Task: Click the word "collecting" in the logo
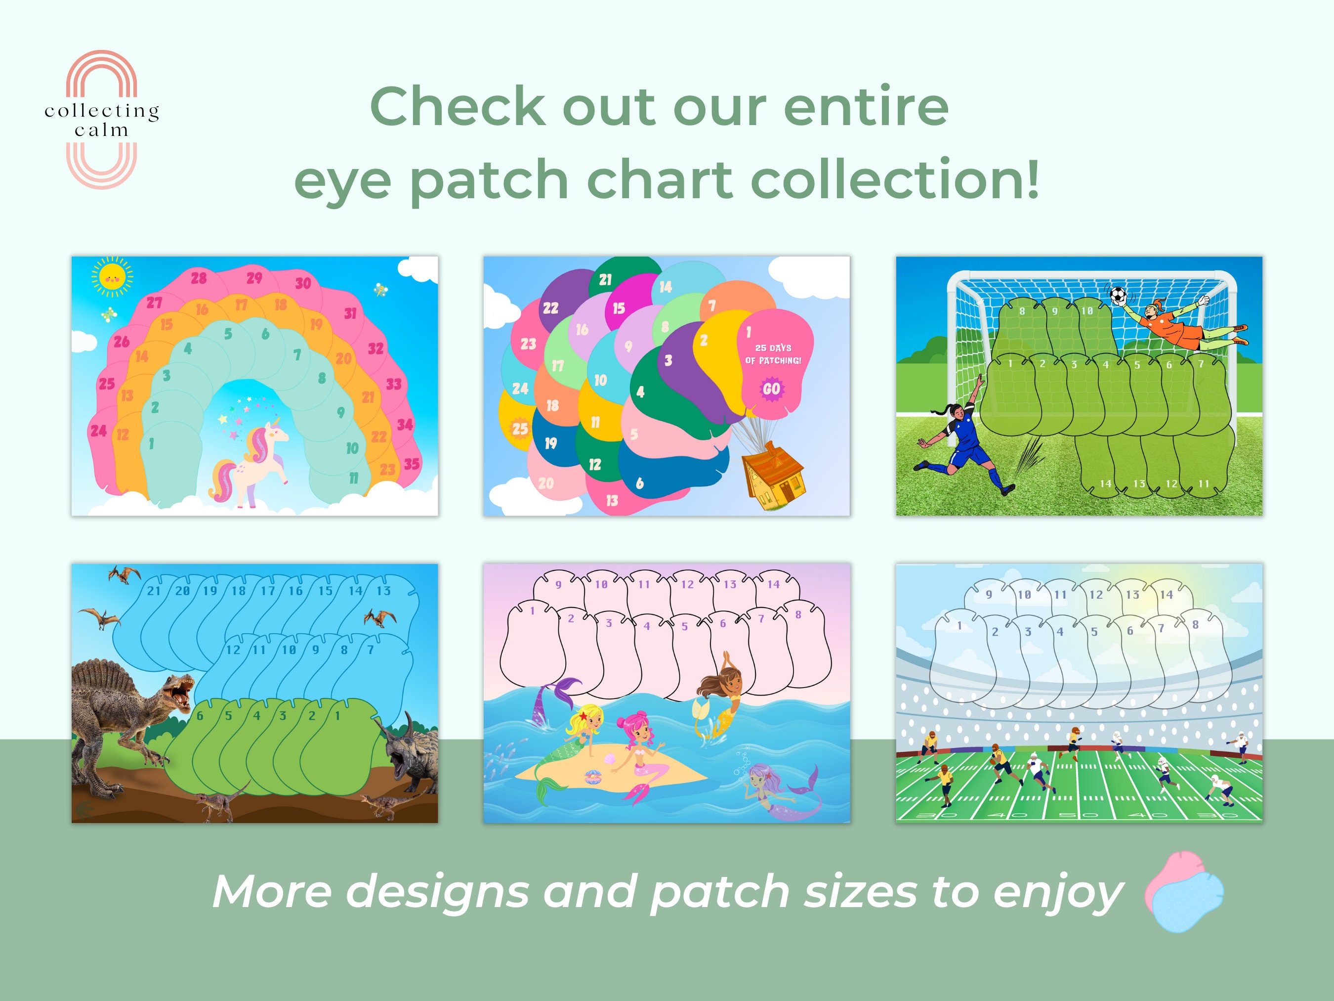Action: point(101,111)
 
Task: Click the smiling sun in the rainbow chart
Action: point(112,277)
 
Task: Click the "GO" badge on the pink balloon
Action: point(771,389)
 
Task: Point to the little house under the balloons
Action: point(774,475)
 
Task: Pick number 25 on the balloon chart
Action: point(520,429)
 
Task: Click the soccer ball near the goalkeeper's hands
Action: point(1118,295)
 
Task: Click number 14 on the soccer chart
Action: point(1105,483)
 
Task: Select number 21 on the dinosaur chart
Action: point(154,591)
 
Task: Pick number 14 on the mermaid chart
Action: point(774,584)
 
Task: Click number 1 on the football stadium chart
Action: point(959,626)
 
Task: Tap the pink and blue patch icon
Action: point(1184,891)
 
